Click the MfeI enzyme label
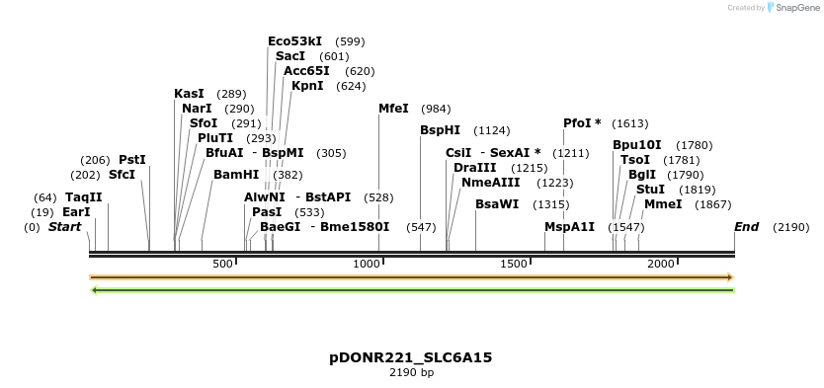(393, 109)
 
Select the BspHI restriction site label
(440, 130)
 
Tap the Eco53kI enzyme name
(294, 41)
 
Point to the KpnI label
(307, 86)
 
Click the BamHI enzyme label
(236, 175)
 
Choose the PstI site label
(132, 160)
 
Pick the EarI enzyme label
(76, 212)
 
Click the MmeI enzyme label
(663, 204)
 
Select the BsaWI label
(497, 204)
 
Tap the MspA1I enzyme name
(570, 227)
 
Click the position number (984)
(436, 109)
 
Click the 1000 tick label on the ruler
(367, 264)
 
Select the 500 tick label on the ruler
(222, 264)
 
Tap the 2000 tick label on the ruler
(661, 264)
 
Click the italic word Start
(65, 227)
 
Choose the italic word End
(746, 227)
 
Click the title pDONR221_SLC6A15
(411, 357)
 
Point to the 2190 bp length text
(411, 373)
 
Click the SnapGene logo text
(795, 8)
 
